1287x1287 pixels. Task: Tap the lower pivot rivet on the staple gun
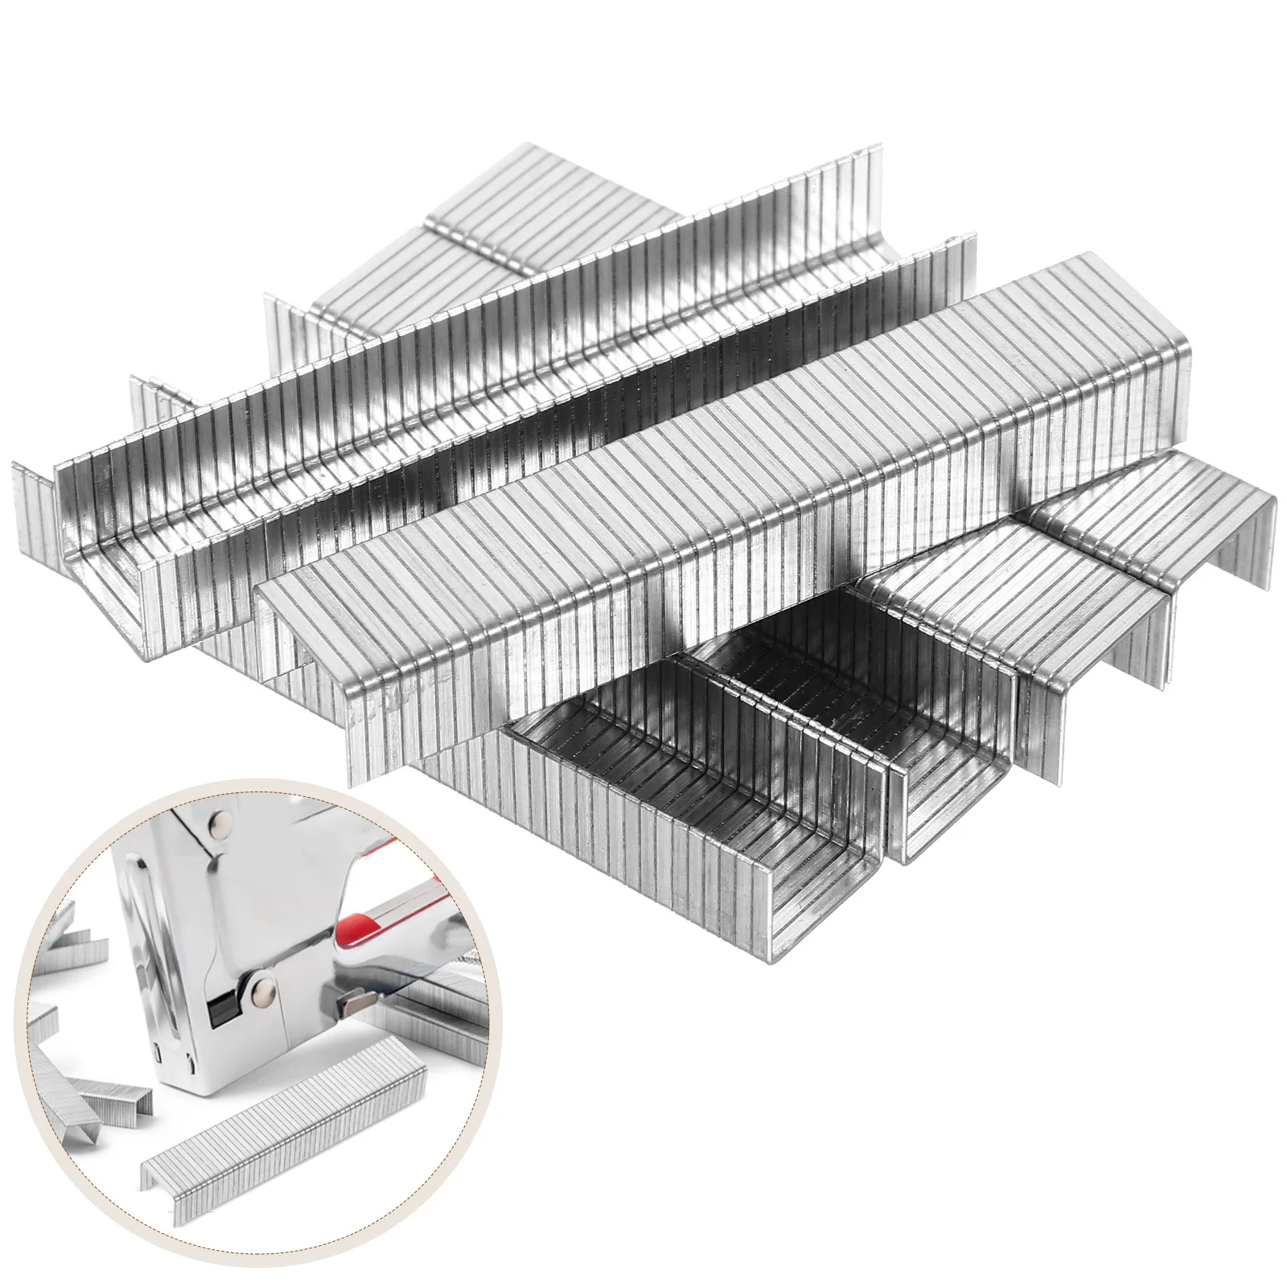[x=262, y=986]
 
